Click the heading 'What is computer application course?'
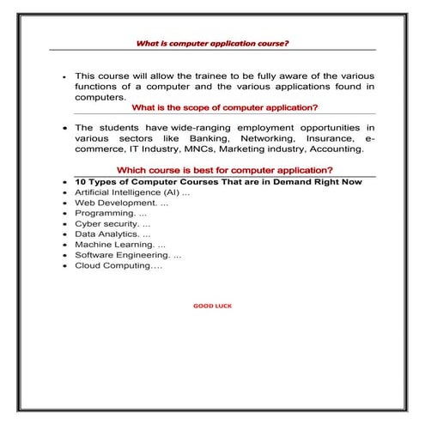tap(213, 42)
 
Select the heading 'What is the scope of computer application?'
tap(225, 107)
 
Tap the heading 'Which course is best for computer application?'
tap(225, 170)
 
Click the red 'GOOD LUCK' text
tap(212, 306)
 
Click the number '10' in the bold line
tap(81, 182)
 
